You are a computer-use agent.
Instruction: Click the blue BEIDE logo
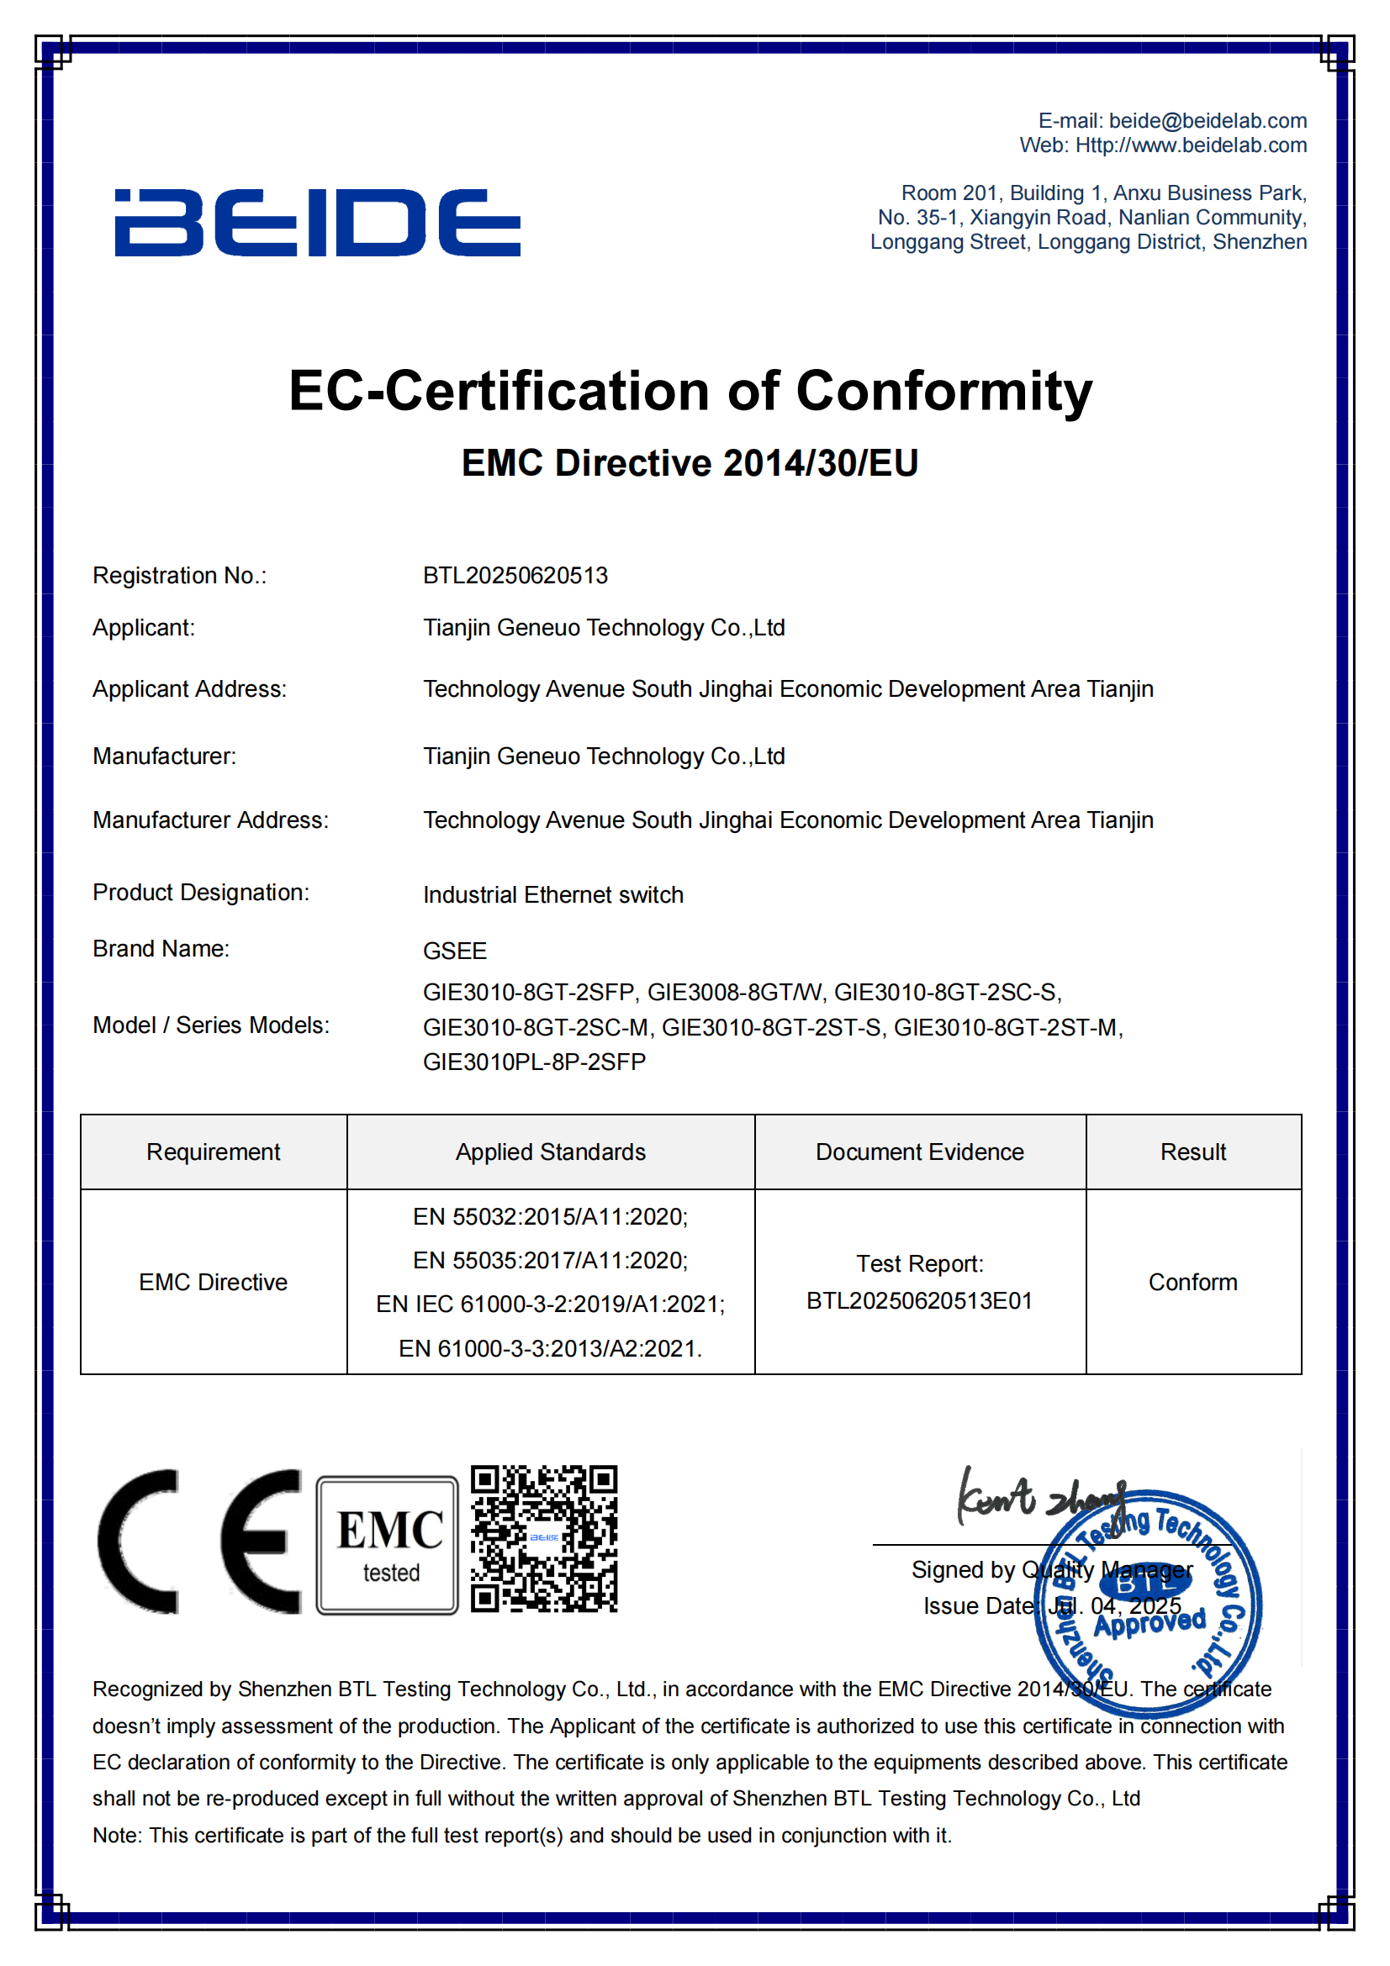pos(317,223)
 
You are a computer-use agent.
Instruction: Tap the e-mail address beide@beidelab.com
pos(1207,121)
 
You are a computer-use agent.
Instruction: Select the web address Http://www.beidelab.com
pos(1191,145)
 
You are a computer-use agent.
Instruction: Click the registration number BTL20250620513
pos(515,576)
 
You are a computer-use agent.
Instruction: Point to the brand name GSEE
pos(455,951)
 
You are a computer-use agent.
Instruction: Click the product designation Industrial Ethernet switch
pos(552,895)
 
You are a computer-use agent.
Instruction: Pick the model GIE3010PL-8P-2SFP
pos(534,1062)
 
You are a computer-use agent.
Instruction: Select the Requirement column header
pos(214,1152)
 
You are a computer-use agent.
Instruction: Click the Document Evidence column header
pos(919,1152)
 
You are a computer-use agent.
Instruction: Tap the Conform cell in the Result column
pos(1192,1282)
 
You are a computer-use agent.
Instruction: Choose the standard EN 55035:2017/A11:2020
pos(550,1261)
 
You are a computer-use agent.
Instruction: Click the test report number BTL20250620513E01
pos(919,1300)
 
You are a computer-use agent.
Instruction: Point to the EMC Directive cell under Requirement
pos(214,1282)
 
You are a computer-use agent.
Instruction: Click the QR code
pos(544,1539)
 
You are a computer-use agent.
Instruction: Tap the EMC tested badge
pos(387,1545)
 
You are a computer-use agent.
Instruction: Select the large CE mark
pos(198,1542)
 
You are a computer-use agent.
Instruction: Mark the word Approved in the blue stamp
pos(1150,1621)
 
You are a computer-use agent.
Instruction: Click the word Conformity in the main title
pos(943,392)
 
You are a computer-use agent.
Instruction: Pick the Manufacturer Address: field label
pos(210,820)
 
